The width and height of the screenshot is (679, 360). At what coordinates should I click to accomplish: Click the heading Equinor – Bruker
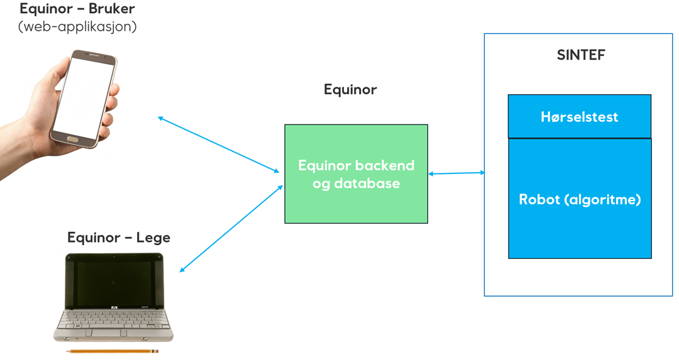(77, 9)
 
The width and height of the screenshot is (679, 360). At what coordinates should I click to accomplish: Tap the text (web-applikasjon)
(77, 27)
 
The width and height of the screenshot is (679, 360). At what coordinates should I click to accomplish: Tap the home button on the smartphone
(72, 139)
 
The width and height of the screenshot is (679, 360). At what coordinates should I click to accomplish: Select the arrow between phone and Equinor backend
(218, 145)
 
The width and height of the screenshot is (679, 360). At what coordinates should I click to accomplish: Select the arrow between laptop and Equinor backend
(231, 229)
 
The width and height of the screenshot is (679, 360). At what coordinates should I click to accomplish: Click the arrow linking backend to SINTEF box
(456, 173)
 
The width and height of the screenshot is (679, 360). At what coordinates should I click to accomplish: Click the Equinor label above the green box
(350, 90)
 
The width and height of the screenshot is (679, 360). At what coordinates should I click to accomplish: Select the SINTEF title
(580, 55)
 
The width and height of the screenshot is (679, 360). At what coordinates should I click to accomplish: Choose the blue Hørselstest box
(579, 117)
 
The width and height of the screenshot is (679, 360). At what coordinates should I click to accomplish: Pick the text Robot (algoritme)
(579, 200)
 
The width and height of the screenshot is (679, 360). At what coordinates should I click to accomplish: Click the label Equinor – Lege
(118, 237)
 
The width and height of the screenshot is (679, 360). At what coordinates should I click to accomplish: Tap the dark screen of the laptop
(114, 283)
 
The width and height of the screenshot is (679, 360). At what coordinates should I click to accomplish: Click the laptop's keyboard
(113, 320)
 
